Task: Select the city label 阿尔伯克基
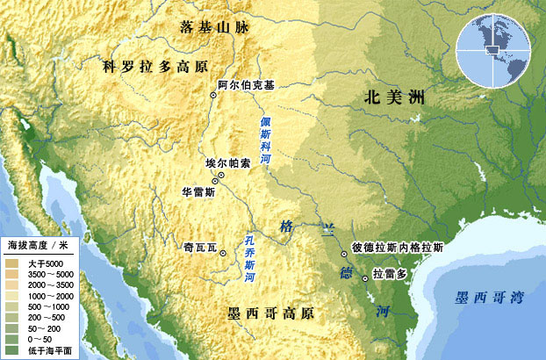tap(246, 85)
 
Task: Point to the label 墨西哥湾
tap(487, 297)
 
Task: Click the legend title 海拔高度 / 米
tap(39, 243)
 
